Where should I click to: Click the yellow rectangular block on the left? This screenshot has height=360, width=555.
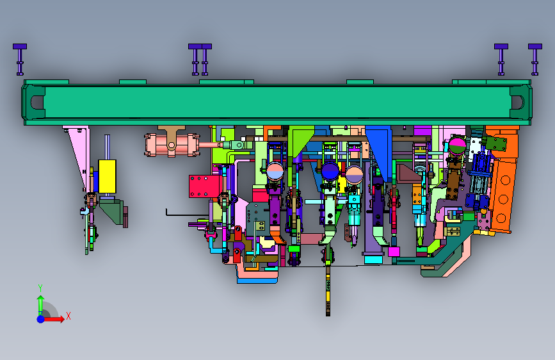[108, 176]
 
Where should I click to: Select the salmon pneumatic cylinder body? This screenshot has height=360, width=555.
[172, 145]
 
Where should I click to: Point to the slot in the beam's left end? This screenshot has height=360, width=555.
[36, 102]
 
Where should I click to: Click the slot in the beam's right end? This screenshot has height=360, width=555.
[517, 102]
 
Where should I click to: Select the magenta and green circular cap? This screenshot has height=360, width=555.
[458, 146]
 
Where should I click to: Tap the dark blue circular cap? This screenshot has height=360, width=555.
[330, 171]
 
